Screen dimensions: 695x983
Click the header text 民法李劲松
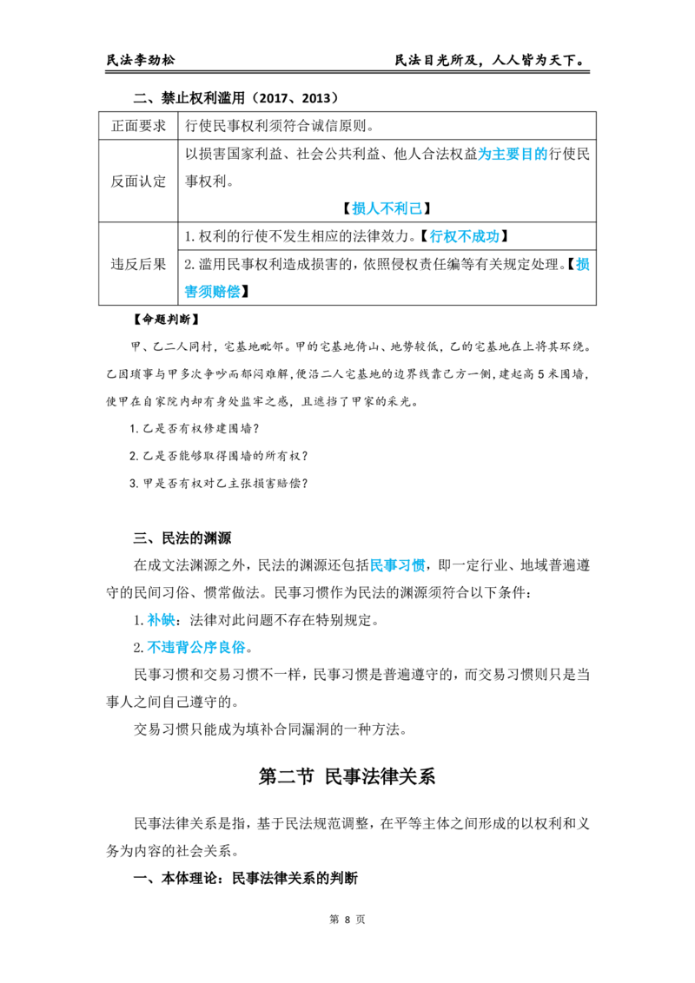[x=141, y=60]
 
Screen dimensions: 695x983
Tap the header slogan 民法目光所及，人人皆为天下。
[x=492, y=60]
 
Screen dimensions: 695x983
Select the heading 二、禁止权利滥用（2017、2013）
[x=236, y=98]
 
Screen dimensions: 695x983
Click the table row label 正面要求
[x=139, y=126]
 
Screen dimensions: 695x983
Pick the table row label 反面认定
[x=139, y=181]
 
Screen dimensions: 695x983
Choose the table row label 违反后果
[x=139, y=264]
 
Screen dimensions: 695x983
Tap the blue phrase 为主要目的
[x=513, y=155]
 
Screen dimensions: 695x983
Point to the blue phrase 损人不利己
[x=387, y=208]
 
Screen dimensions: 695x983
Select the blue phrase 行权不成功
[x=465, y=236]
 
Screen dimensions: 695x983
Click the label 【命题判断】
[x=166, y=319]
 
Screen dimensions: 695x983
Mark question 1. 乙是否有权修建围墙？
[x=195, y=429]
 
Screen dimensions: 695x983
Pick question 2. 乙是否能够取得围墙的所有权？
[x=219, y=457]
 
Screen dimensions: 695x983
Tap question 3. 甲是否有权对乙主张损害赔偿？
[x=219, y=484]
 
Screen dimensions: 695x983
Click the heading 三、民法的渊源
[x=182, y=538]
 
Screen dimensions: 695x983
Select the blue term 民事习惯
[x=398, y=565]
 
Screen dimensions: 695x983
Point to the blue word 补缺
[x=162, y=621]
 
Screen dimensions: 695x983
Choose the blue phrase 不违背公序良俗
[x=195, y=648]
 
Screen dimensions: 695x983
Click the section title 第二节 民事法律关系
[x=347, y=776]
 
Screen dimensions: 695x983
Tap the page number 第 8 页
[x=347, y=920]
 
